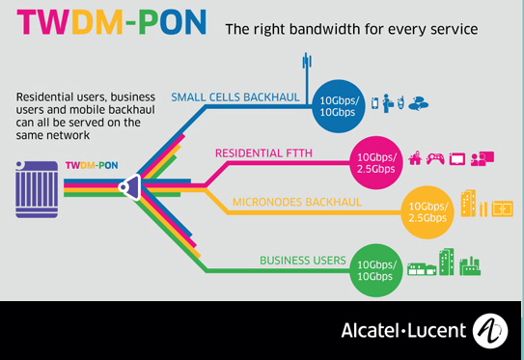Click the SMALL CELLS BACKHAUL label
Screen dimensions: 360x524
tap(239, 97)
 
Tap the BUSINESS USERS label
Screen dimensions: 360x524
tap(301, 260)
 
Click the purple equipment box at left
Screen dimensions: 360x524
tap(37, 183)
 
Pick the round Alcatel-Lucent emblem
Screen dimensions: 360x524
tap(490, 330)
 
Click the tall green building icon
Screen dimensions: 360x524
tap(447, 263)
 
